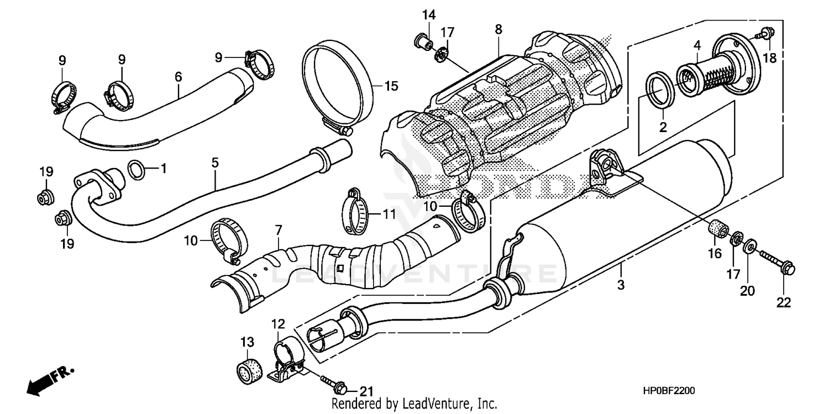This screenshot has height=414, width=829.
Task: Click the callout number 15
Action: [391, 86]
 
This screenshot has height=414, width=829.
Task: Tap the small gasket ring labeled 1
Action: [138, 170]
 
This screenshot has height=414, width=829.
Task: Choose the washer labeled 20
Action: [751, 247]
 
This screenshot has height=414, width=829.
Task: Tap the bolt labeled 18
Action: [766, 33]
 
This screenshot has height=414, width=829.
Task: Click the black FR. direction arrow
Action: [42, 381]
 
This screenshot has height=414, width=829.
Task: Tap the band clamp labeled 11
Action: [353, 213]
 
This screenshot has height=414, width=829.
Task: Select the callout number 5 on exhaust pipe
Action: [215, 163]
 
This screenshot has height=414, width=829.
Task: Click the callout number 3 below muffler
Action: [621, 285]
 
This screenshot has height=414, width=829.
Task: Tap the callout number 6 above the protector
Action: [178, 77]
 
